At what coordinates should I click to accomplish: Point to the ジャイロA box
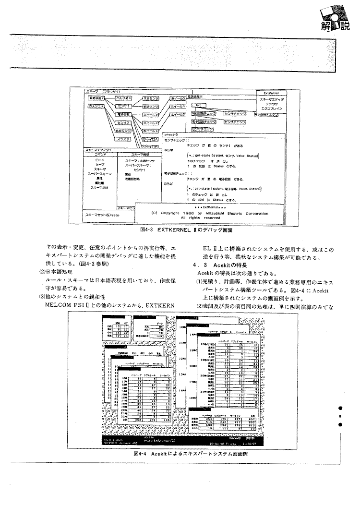point(151,138)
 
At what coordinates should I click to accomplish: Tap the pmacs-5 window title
point(171,134)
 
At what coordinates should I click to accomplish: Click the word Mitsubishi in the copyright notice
point(215,213)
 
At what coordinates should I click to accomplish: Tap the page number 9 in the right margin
point(340,417)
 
